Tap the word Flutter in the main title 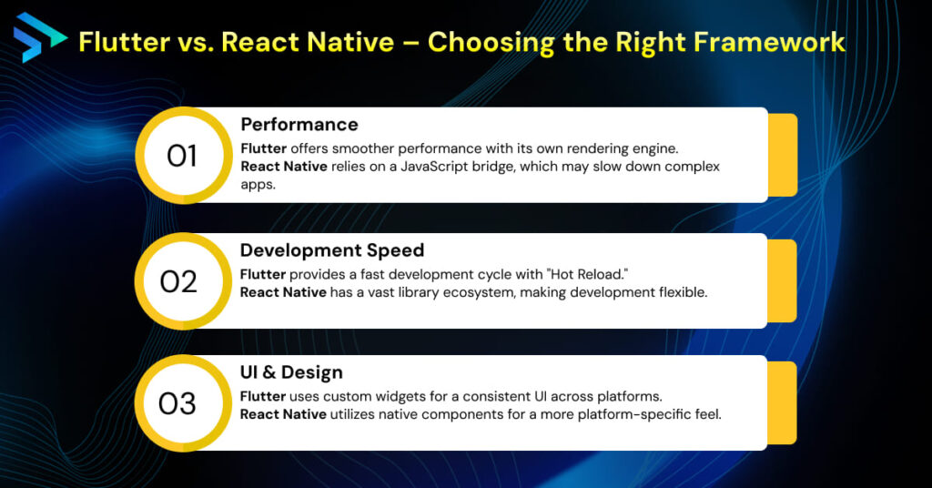pyautogui.click(x=114, y=42)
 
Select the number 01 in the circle pyautogui.click(x=181, y=157)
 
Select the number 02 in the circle pyautogui.click(x=178, y=281)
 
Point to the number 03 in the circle pyautogui.click(x=177, y=403)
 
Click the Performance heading pyautogui.click(x=299, y=125)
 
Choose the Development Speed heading pyautogui.click(x=333, y=249)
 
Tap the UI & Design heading pyautogui.click(x=291, y=372)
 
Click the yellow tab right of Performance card pyautogui.click(x=783, y=155)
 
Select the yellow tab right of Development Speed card pyautogui.click(x=783, y=280)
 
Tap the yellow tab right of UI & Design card pyautogui.click(x=783, y=402)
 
